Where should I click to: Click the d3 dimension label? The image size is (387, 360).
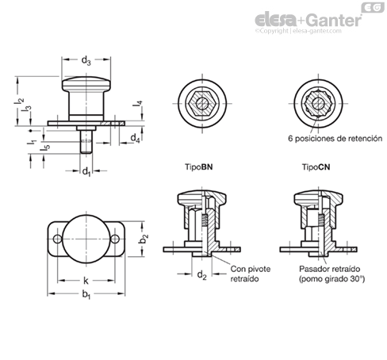86,61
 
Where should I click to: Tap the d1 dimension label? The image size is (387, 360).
86,172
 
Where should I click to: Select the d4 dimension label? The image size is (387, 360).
135,138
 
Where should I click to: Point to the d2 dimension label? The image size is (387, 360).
202,275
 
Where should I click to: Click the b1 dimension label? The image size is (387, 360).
86,294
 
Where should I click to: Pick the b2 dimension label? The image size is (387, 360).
144,239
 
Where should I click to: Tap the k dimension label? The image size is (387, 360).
86,281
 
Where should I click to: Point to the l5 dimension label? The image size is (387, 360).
45,149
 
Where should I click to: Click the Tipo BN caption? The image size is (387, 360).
198,167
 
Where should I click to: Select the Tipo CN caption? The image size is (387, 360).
316,167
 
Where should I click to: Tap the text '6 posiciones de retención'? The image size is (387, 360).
335,139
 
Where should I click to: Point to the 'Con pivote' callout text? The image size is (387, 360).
251,269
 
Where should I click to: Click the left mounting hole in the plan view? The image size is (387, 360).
57,239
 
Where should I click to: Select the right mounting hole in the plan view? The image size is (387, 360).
115,239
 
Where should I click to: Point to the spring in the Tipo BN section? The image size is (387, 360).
204,220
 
